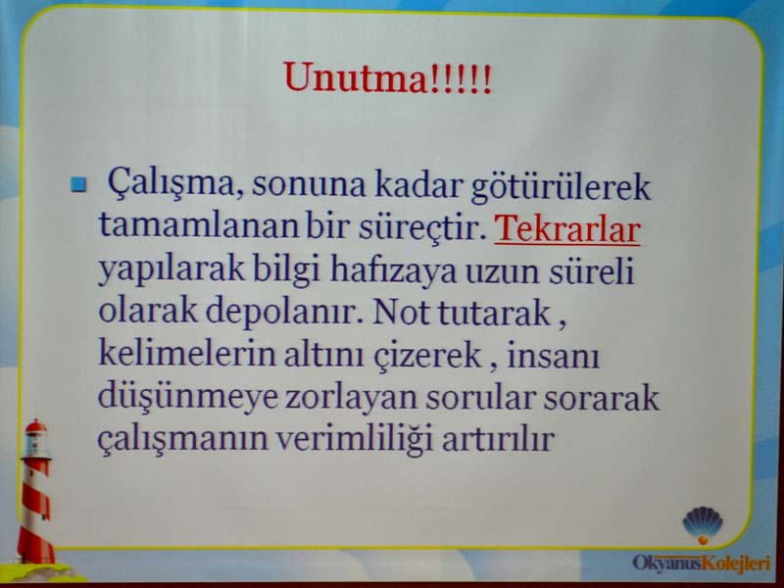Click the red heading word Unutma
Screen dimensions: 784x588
[355, 77]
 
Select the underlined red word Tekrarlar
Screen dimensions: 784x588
[567, 229]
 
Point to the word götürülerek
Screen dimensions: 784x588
[561, 186]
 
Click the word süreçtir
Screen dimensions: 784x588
[421, 227]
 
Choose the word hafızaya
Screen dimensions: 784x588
[393, 271]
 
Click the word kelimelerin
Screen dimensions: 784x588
[187, 354]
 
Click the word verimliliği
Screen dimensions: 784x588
[354, 440]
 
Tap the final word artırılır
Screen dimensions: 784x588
[498, 439]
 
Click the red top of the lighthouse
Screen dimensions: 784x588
[36, 426]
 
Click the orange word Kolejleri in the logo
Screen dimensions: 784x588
[736, 563]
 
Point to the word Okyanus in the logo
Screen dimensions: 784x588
[667, 563]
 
